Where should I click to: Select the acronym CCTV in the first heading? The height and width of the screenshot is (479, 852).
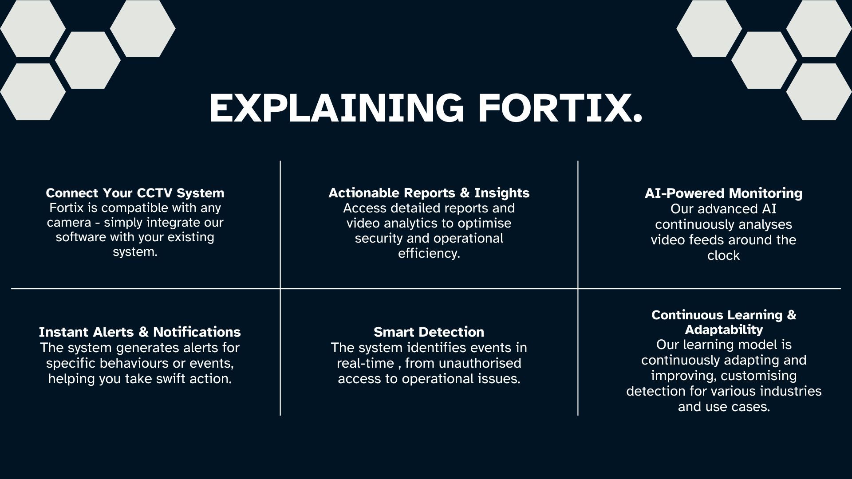click(155, 193)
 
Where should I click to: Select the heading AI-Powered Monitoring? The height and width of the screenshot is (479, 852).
click(723, 193)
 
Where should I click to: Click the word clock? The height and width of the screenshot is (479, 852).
click(723, 255)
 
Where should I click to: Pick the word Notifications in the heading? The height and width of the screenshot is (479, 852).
click(197, 332)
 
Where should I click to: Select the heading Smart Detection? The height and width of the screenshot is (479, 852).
click(429, 332)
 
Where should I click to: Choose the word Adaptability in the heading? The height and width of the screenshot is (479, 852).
click(723, 330)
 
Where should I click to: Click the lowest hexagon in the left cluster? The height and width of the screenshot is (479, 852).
click(32, 92)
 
